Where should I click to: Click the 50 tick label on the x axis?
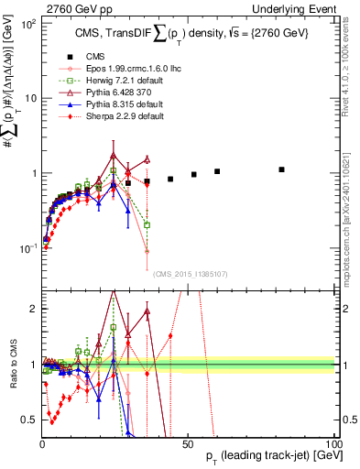coord(188,442)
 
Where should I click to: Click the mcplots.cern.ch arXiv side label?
coord(352,214)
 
